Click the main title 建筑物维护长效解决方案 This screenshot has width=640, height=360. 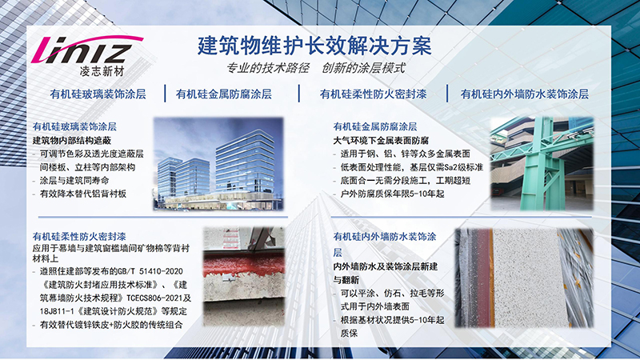(x=314, y=46)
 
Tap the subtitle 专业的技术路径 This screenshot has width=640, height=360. (x=268, y=68)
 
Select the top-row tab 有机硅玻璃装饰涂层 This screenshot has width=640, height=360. (x=98, y=94)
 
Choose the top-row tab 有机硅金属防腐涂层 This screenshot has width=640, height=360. (x=224, y=94)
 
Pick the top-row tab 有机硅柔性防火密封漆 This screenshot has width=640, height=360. (x=373, y=94)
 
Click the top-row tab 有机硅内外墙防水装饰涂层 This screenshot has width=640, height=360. (x=525, y=94)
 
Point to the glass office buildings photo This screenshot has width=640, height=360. (x=218, y=164)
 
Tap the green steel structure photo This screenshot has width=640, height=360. (x=542, y=164)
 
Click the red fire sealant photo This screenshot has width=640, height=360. (x=244, y=277)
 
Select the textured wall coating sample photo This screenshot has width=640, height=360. (x=524, y=278)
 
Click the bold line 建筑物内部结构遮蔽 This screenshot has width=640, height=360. (x=72, y=141)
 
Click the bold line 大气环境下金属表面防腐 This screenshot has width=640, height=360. (x=381, y=141)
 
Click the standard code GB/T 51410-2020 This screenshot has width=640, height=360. (x=150, y=271)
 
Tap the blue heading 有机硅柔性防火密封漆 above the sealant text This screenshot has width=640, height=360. (x=79, y=236)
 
